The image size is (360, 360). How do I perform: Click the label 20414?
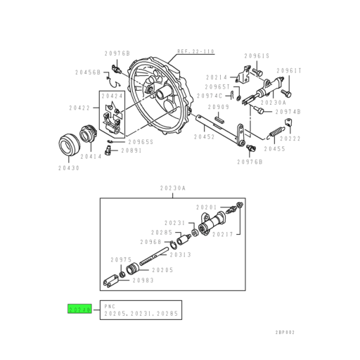click(91, 157)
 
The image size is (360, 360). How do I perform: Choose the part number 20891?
click(131, 150)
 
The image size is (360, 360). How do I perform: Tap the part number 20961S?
click(257, 56)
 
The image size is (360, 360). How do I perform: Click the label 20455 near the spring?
click(274, 149)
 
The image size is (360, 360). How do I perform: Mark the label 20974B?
click(288, 111)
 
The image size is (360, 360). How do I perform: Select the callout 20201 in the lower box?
click(207, 207)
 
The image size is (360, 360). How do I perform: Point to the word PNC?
click(108, 307)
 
